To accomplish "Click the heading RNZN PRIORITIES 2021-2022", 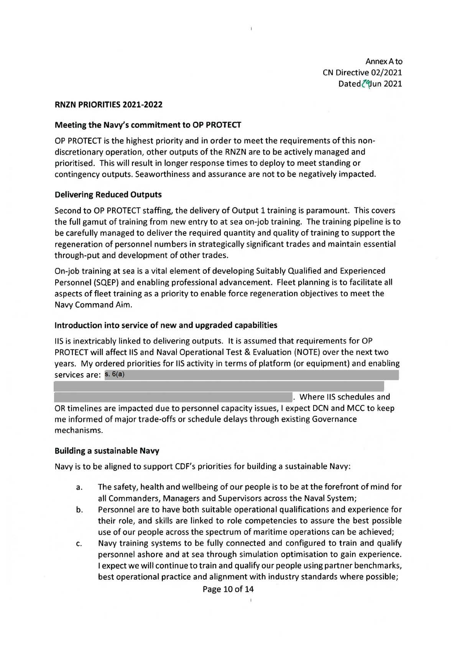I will point(109,105).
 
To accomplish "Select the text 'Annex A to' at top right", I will point(384,61).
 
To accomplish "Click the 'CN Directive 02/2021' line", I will point(362,72).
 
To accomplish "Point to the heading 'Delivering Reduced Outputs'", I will point(108,194).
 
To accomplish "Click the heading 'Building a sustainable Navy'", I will point(107,451).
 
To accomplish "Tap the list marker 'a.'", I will point(78,488).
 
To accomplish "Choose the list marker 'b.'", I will point(78,510).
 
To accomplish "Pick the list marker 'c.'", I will point(78,544).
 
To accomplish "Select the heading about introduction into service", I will point(166,325).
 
